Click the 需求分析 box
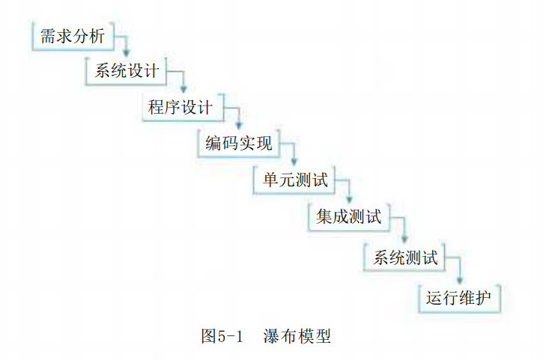pyautogui.click(x=73, y=36)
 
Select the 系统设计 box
pyautogui.click(x=126, y=71)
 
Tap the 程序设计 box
pyautogui.click(x=183, y=107)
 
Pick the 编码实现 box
pyautogui.click(x=239, y=143)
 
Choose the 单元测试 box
pyautogui.click(x=294, y=180)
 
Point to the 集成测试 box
pyautogui.click(x=349, y=217)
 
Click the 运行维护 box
pyautogui.click(x=460, y=298)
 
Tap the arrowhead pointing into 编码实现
pyautogui.click(x=239, y=125)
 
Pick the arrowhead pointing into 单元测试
pyautogui.click(x=294, y=162)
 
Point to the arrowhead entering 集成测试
pyautogui.click(x=349, y=199)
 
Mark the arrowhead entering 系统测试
pyautogui.click(x=404, y=239)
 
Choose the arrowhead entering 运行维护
pyautogui.click(x=460, y=280)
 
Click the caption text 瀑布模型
pyautogui.click(x=297, y=336)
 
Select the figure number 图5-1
pyautogui.click(x=222, y=336)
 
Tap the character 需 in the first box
pyautogui.click(x=48, y=36)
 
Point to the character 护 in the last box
pyautogui.click(x=483, y=298)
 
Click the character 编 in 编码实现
pyautogui.click(x=213, y=143)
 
